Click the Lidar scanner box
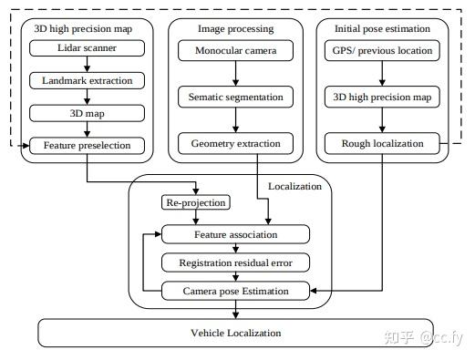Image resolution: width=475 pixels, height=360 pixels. pos(87,49)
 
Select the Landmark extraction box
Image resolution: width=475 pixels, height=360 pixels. pos(87,81)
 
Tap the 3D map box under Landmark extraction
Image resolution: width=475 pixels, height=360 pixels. pos(87,113)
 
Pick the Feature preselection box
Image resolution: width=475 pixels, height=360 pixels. pos(87,145)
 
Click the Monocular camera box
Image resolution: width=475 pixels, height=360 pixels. pos(235,49)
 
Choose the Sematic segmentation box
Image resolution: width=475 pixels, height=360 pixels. pos(235,97)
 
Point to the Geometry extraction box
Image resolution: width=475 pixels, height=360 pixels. pos(235,144)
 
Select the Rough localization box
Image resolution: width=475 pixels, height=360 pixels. pos(382,144)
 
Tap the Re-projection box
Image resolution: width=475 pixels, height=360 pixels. pos(194,202)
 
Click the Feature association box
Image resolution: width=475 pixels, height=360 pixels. pos(234,234)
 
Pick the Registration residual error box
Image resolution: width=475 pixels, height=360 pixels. pos(234,262)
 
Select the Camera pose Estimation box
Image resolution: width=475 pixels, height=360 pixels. pos(234,291)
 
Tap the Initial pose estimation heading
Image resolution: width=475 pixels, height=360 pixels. pos(382,28)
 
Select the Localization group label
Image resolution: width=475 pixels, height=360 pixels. pos(294,185)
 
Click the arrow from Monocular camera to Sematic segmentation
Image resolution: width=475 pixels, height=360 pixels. pos(235,73)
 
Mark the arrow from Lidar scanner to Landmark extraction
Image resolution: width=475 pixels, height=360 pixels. pos(87,65)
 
